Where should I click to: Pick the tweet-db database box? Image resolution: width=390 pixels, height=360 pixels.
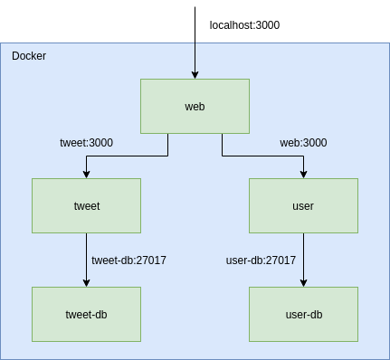(x=86, y=314)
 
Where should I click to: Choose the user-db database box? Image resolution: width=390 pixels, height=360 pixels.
(x=303, y=314)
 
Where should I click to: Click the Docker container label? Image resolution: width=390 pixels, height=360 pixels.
(x=29, y=56)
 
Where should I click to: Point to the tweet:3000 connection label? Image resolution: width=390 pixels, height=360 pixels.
(x=86, y=143)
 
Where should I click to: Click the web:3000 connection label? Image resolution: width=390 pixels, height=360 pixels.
(x=303, y=143)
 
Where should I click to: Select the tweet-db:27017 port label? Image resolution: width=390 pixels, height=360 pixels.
(x=128, y=261)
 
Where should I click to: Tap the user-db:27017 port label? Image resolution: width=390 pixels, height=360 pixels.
(x=261, y=261)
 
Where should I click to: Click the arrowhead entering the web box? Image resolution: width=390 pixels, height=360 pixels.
(x=195, y=74)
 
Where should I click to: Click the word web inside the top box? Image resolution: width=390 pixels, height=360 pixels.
(x=195, y=107)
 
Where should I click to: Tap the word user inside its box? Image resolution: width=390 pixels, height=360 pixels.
(x=303, y=206)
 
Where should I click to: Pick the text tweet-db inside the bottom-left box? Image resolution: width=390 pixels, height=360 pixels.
(x=86, y=315)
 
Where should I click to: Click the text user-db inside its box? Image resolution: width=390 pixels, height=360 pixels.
(x=303, y=315)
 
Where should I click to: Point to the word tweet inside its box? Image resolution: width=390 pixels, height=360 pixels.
(x=86, y=206)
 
